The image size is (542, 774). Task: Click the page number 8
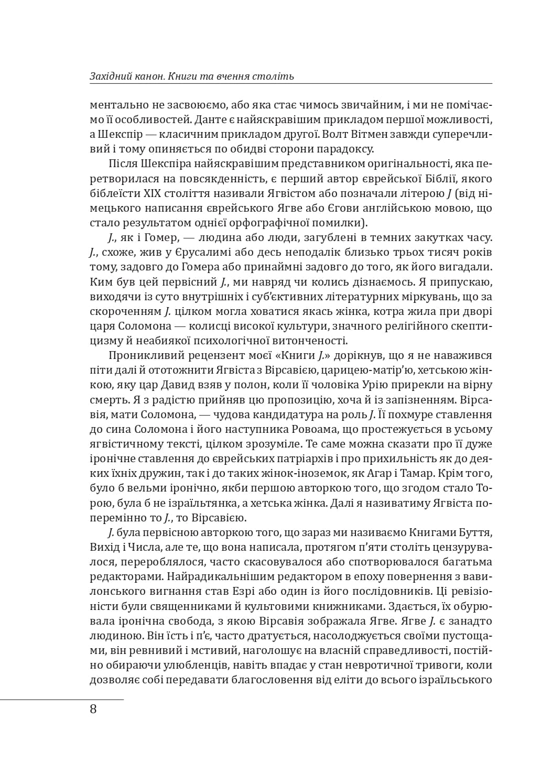93,710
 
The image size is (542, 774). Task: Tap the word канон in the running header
140,77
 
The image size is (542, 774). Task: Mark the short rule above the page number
62,700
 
